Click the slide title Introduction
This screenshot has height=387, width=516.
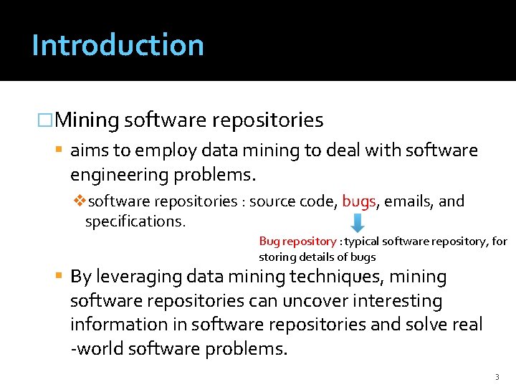coord(118,44)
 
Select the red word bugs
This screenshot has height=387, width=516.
coord(359,201)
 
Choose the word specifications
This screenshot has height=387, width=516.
coord(135,221)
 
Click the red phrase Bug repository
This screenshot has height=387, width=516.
coord(297,242)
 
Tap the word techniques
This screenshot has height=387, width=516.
coord(331,277)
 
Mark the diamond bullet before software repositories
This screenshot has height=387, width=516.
coord(80,201)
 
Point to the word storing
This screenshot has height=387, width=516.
coord(276,257)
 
